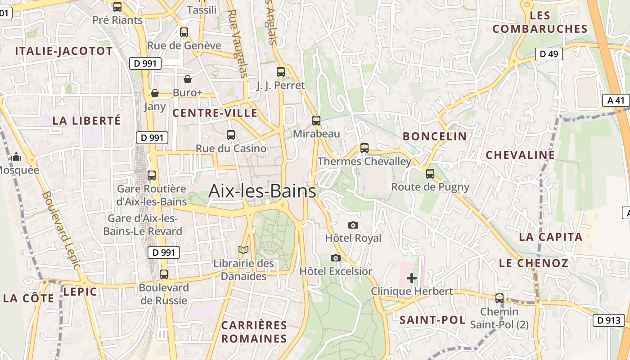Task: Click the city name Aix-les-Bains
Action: click(x=262, y=191)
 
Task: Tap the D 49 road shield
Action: click(x=549, y=54)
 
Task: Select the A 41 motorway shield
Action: click(x=616, y=100)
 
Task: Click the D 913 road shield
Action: click(x=609, y=320)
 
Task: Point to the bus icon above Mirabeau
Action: click(x=316, y=121)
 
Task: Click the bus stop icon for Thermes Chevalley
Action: click(x=364, y=148)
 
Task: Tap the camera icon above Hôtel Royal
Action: click(x=353, y=225)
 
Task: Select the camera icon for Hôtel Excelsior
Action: click(x=335, y=258)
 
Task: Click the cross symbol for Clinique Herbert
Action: click(x=411, y=278)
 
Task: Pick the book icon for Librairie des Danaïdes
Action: click(x=243, y=250)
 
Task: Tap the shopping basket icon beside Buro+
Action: click(x=188, y=80)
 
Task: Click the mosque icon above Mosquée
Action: click(x=17, y=157)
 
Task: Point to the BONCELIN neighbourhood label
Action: click(x=434, y=136)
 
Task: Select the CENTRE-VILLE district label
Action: click(x=215, y=113)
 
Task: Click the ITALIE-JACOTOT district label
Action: click(x=64, y=51)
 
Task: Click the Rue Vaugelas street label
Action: click(x=238, y=43)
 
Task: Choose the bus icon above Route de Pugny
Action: click(x=430, y=174)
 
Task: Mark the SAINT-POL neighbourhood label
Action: click(x=432, y=320)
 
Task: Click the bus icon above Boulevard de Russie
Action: click(x=164, y=274)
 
